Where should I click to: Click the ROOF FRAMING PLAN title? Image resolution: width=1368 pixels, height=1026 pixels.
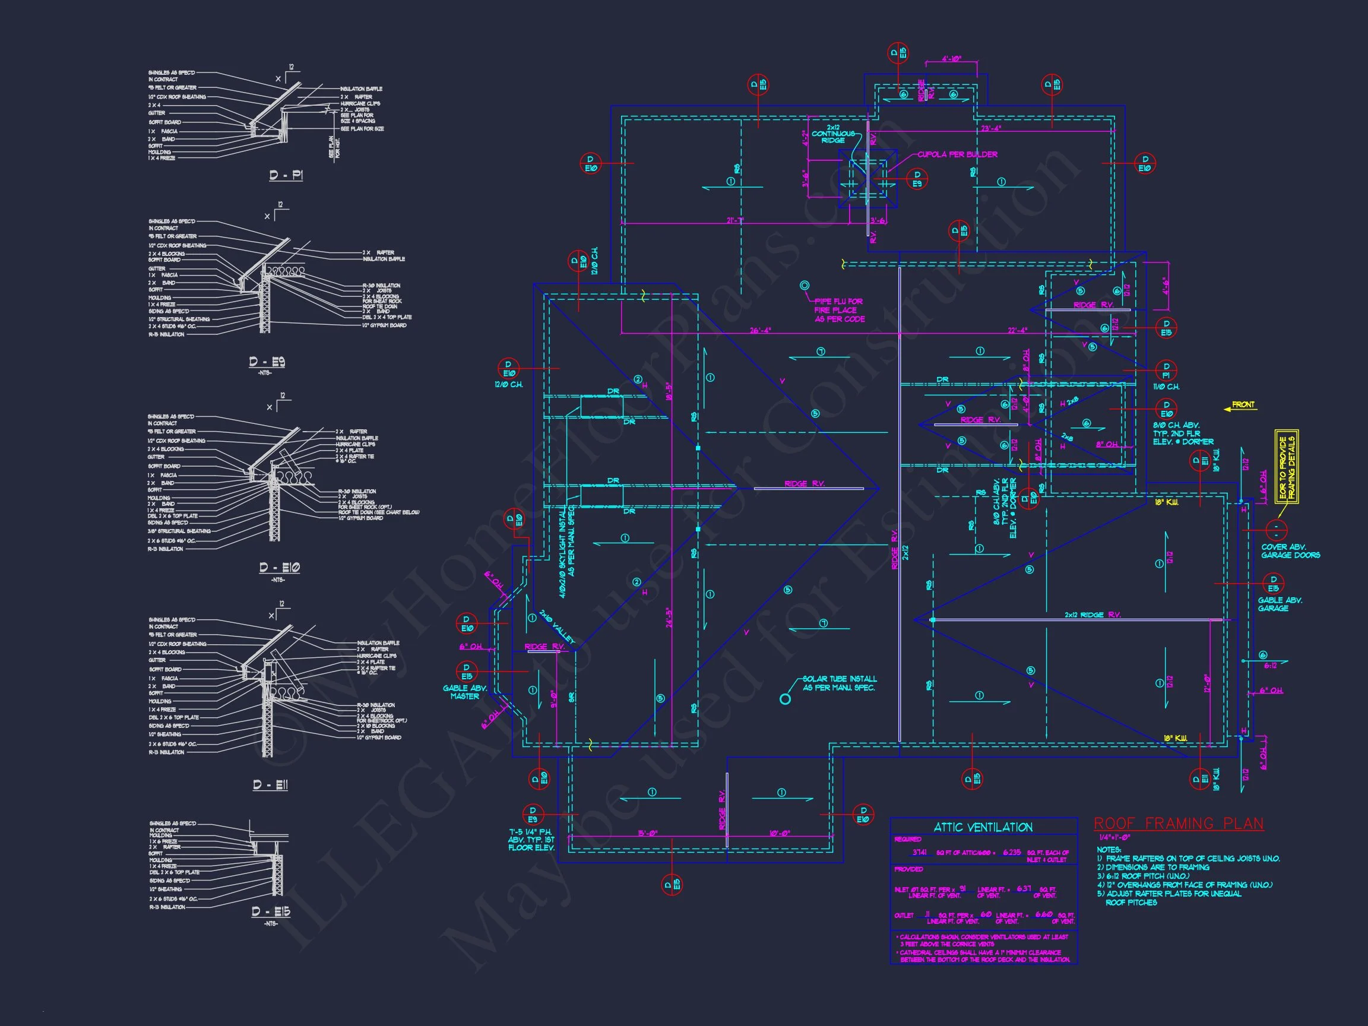(x=1178, y=824)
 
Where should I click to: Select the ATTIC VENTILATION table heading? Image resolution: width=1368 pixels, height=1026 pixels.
(x=983, y=828)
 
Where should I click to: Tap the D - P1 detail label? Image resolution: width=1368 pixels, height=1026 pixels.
(x=286, y=176)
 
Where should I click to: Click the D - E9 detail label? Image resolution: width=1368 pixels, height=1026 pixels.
(x=267, y=362)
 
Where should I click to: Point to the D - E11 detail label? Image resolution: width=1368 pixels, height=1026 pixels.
(x=270, y=785)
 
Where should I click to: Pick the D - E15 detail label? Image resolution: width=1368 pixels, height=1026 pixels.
(x=271, y=911)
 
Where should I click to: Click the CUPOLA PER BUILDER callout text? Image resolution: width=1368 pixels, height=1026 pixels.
(x=957, y=154)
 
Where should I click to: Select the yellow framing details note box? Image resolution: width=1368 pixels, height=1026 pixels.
(x=1287, y=467)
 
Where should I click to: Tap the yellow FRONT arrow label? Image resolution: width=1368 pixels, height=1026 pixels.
(x=1240, y=405)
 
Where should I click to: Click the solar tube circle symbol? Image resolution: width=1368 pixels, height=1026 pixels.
(x=785, y=699)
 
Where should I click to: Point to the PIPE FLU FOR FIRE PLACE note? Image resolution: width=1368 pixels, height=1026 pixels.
(x=839, y=311)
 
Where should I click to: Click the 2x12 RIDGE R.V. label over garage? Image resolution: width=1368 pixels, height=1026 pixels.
(x=1092, y=615)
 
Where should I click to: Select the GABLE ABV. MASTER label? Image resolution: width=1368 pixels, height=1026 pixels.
(x=464, y=692)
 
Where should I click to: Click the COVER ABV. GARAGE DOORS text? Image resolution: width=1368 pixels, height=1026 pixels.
(x=1290, y=551)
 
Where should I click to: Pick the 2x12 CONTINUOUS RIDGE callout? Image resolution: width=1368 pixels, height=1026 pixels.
(x=833, y=134)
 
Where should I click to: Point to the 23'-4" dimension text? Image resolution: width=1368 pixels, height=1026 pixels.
(x=991, y=129)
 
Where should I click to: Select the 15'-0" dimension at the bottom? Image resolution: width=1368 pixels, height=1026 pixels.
(x=648, y=833)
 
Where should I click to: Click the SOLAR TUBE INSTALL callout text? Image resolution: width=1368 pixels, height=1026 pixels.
(x=839, y=683)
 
